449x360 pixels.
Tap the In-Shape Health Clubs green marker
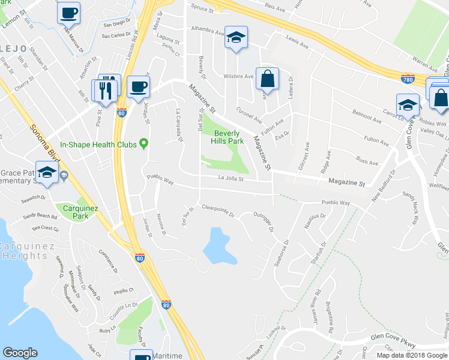[x=143, y=143]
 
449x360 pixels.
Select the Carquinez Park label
[x=76, y=211]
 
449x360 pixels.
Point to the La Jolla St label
[x=230, y=178]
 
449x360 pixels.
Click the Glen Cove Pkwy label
[x=393, y=338]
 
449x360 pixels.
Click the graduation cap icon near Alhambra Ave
[x=237, y=37]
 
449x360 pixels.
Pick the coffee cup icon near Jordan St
[x=139, y=87]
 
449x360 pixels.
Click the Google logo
[x=20, y=353]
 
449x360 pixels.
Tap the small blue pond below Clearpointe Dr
[x=217, y=245]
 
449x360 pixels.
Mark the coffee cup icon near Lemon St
[x=69, y=12]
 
